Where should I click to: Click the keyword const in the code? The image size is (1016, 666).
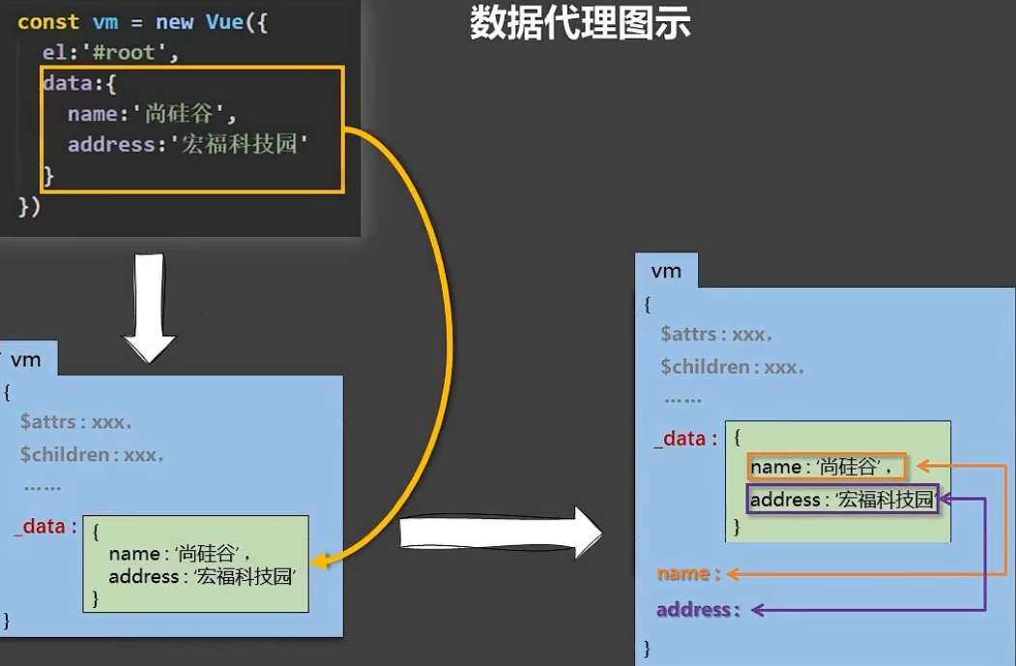tap(48, 22)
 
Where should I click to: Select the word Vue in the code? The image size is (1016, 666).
tap(225, 22)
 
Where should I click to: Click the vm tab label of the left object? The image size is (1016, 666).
tap(26, 361)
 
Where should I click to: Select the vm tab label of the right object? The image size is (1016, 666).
tap(666, 271)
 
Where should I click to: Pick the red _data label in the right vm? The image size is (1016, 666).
tap(685, 439)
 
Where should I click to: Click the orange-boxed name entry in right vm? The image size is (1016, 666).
tap(827, 468)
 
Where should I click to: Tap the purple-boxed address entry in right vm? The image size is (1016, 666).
tap(842, 500)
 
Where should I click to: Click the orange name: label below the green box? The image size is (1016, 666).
tap(688, 573)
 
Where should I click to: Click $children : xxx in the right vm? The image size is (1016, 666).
tap(732, 367)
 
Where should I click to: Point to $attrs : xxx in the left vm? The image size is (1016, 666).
tap(75, 422)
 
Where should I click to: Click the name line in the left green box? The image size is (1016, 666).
tap(180, 554)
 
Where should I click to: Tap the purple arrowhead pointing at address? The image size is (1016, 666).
tap(759, 610)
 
